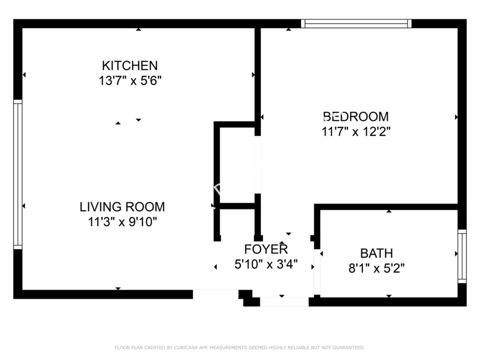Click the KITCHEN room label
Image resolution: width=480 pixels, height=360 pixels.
130,66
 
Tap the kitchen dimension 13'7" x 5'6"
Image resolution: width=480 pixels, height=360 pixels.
130,81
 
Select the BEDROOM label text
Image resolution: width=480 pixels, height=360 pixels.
356,117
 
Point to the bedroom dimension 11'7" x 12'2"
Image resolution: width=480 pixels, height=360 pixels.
356,132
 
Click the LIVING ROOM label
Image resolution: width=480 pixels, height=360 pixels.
122,207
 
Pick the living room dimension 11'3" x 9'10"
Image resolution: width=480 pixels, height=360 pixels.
122,222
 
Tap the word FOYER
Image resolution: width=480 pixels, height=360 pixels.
266,250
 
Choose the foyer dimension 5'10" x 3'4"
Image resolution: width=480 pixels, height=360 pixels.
266,264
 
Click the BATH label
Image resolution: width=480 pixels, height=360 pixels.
377,253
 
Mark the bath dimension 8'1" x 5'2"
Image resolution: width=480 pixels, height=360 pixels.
377,268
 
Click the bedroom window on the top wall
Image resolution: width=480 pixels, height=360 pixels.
356,23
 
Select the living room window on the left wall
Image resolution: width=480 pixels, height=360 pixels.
18,174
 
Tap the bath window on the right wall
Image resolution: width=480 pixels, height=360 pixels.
462,256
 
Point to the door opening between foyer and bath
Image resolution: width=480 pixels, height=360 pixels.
317,272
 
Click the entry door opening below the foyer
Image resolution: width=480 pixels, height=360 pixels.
284,302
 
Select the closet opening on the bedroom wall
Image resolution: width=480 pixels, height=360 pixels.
258,165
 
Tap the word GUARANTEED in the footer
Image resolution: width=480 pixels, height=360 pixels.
349,348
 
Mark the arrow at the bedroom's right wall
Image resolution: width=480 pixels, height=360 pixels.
456,117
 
